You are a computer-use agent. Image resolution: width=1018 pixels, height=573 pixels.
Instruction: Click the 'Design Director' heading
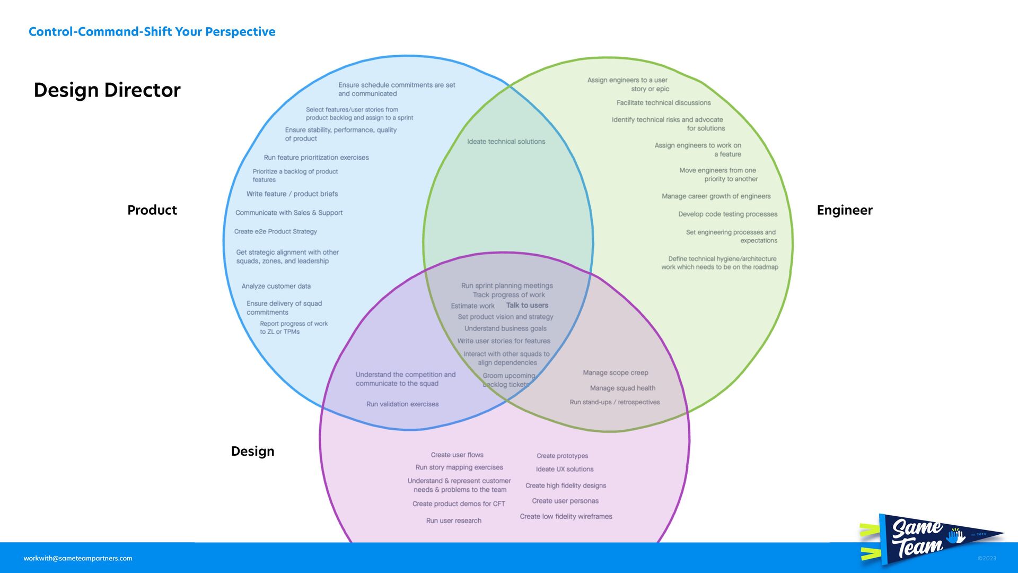(107, 90)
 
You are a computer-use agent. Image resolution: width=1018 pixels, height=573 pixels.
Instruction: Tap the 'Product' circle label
(152, 210)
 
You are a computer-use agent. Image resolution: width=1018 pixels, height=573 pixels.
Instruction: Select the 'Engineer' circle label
(844, 210)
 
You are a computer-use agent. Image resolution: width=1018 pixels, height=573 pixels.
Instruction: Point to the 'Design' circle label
(252, 452)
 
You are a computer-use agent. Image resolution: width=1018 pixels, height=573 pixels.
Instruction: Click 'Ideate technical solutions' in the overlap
(506, 142)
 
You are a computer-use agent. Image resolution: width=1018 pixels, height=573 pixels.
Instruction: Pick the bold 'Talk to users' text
(527, 305)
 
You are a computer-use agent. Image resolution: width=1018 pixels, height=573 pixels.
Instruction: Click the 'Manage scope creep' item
(615, 373)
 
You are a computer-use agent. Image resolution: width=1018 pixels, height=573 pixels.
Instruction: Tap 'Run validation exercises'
(402, 404)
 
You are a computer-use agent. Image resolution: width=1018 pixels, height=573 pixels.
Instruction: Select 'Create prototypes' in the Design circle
(562, 456)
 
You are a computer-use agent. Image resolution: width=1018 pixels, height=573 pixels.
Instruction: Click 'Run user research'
(453, 521)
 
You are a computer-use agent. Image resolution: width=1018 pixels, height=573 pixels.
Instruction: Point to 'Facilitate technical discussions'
(663, 103)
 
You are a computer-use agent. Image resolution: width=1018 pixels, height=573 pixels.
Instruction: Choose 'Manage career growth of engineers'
(716, 196)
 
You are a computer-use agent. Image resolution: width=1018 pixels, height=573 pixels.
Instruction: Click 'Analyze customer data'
(276, 286)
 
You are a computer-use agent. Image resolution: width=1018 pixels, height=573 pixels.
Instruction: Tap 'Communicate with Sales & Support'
(289, 213)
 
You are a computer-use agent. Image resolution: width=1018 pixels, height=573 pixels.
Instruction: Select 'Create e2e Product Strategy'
(275, 232)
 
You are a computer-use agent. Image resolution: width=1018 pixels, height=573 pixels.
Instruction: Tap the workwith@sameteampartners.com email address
(78, 558)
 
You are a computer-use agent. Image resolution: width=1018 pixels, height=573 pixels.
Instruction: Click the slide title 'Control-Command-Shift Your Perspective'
(152, 32)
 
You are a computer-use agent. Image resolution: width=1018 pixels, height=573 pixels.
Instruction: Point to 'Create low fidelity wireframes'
(566, 517)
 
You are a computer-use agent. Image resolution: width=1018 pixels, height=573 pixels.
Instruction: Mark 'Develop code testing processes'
(727, 214)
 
